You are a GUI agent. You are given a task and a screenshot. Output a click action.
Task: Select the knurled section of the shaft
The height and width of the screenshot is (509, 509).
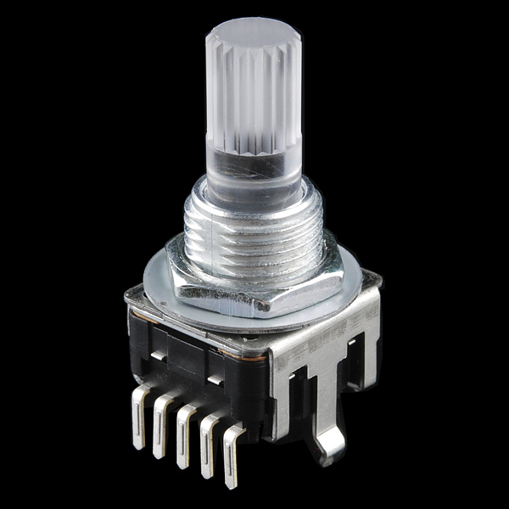tap(253, 93)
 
